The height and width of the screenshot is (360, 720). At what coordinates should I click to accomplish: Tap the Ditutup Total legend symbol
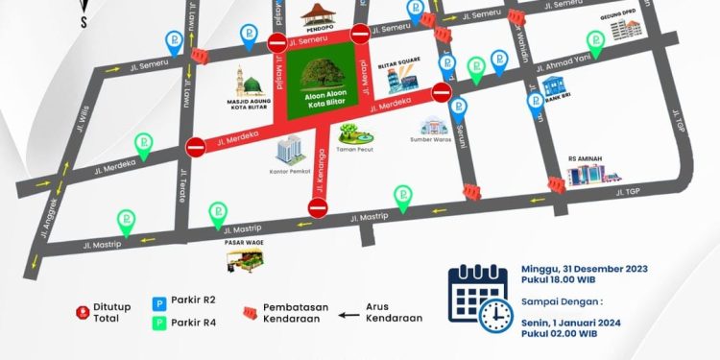tap(82, 312)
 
